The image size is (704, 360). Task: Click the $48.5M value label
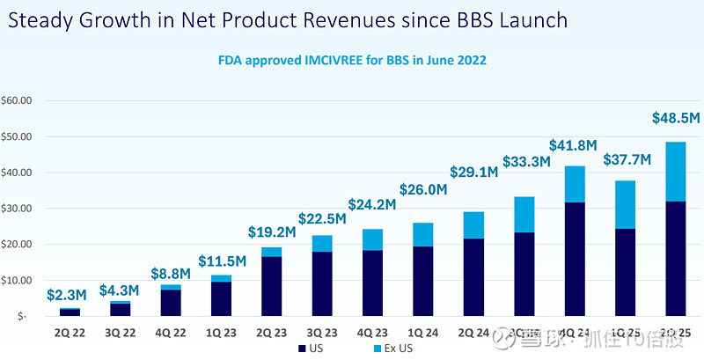pyautogui.click(x=675, y=117)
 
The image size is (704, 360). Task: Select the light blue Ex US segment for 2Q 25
pyautogui.click(x=675, y=172)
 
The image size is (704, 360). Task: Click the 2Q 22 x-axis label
pyautogui.click(x=70, y=333)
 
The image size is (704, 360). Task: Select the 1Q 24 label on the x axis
pyautogui.click(x=422, y=333)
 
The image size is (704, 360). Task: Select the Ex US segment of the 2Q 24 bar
pyautogui.click(x=473, y=225)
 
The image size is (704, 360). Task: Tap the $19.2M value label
pyautogui.click(x=271, y=235)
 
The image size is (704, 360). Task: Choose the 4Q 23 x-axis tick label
pyautogui.click(x=372, y=333)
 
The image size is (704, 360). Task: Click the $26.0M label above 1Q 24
pyautogui.click(x=423, y=189)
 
